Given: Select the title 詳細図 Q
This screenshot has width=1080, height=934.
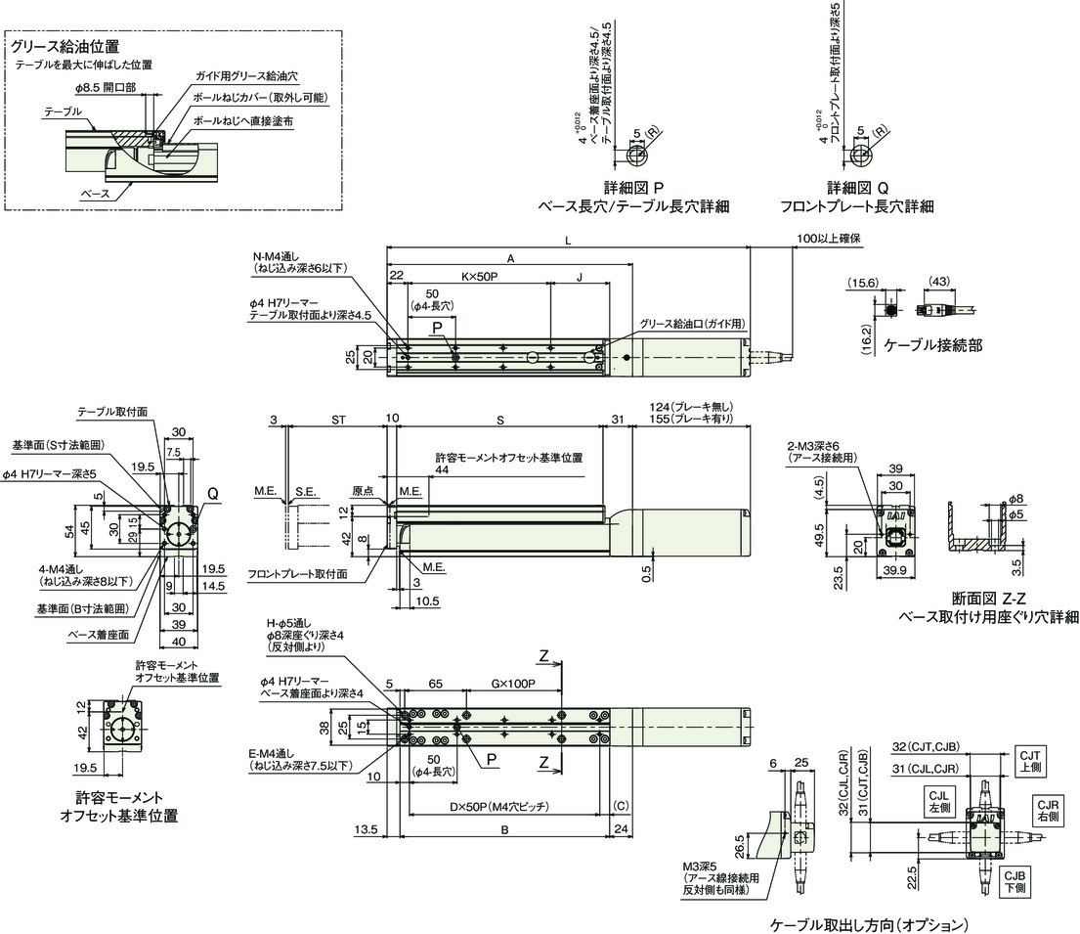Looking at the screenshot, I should [x=857, y=187].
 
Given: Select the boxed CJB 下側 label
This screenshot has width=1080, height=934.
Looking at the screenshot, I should [x=1014, y=881].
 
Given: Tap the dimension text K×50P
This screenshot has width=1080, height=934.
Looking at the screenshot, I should [x=478, y=278].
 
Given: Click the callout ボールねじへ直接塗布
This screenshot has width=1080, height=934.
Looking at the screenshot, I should [x=243, y=119].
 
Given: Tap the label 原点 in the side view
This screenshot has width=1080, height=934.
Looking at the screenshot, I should [x=363, y=491].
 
